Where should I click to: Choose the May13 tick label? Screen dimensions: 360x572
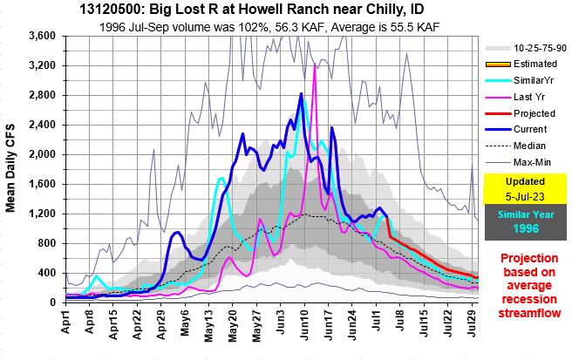pos(209,327)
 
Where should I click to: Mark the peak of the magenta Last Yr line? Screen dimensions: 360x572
pos(314,65)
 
